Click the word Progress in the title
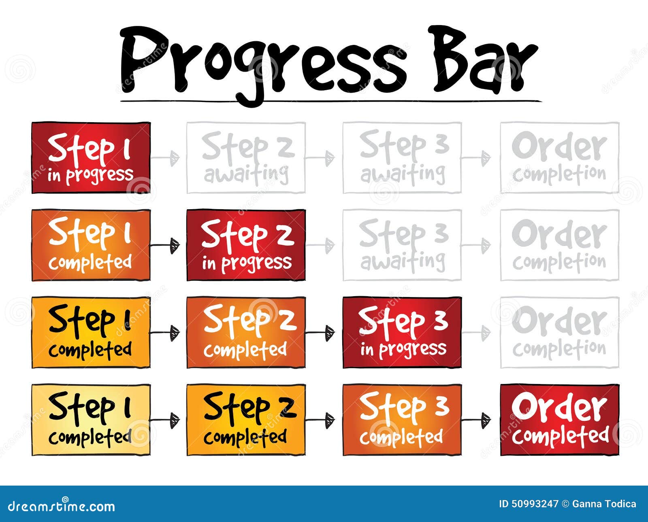coord(263,61)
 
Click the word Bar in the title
coord(484,61)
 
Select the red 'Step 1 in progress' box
coord(91,158)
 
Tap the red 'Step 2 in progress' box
coord(246,245)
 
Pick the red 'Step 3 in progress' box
coord(402,332)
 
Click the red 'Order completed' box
coord(560,420)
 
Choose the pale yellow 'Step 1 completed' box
coord(91,420)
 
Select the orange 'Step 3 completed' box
coord(402,420)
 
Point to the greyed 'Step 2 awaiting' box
coord(246,158)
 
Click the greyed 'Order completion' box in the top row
coord(560,158)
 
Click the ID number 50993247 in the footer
coord(534,504)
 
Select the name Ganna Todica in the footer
coord(604,504)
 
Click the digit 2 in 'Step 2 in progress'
coord(285,236)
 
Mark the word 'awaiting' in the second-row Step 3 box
coord(402,261)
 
